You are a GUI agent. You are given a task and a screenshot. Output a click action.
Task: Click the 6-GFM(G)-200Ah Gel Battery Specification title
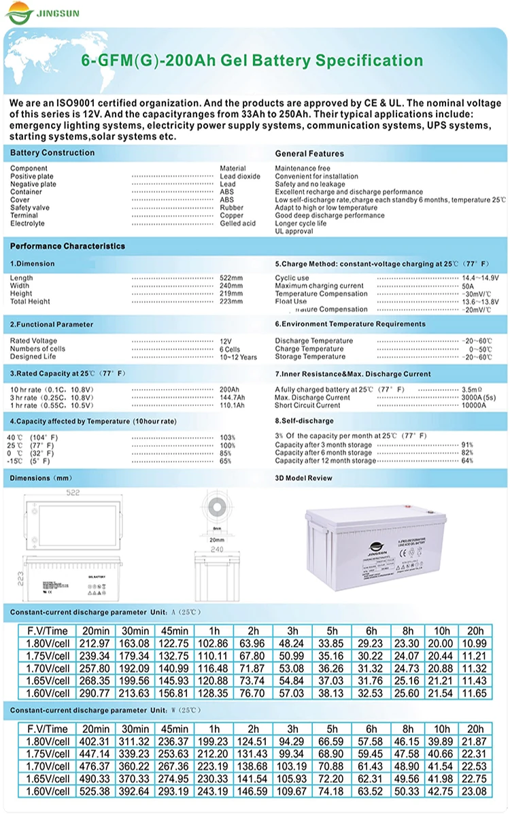click(252, 61)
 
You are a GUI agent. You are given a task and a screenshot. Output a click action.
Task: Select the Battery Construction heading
click(52, 153)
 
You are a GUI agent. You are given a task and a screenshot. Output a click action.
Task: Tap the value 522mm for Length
click(231, 278)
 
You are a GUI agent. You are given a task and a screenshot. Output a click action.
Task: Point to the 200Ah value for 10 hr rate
click(230, 390)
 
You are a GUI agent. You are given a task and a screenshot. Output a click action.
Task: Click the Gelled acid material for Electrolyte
click(237, 224)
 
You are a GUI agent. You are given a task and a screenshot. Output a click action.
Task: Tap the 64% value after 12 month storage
click(467, 461)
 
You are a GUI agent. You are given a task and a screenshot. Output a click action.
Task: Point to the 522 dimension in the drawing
click(73, 492)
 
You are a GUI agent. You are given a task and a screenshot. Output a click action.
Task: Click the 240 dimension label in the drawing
click(216, 549)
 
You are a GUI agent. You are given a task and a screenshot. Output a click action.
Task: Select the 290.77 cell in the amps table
click(95, 694)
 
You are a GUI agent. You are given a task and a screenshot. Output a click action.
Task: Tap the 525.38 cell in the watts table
click(95, 792)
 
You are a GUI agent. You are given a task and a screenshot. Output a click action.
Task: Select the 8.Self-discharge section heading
click(304, 422)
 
